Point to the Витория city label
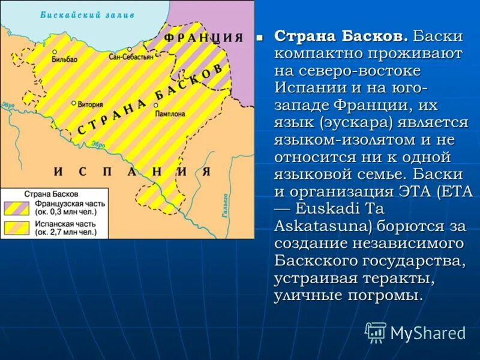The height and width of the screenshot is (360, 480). [x=91, y=103]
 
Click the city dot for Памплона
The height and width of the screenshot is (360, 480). [x=155, y=105]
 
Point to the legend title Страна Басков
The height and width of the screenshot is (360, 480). [x=49, y=194]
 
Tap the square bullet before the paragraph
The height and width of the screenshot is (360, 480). [x=260, y=37]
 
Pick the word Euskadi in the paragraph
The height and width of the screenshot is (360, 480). [x=314, y=209]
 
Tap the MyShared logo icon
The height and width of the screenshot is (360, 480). [x=376, y=332]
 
